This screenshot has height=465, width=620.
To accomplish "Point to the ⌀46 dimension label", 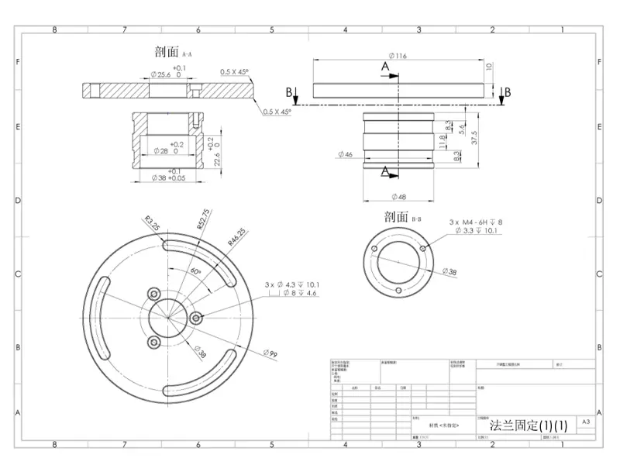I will click(346, 155).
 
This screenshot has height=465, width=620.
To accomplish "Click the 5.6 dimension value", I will click(463, 130).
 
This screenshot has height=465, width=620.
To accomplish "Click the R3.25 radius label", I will click(151, 226).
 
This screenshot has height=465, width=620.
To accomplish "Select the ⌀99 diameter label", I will click(270, 353).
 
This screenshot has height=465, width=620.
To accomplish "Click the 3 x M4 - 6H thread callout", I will click(475, 222).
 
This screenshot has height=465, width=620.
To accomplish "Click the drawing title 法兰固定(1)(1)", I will click(529, 425).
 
